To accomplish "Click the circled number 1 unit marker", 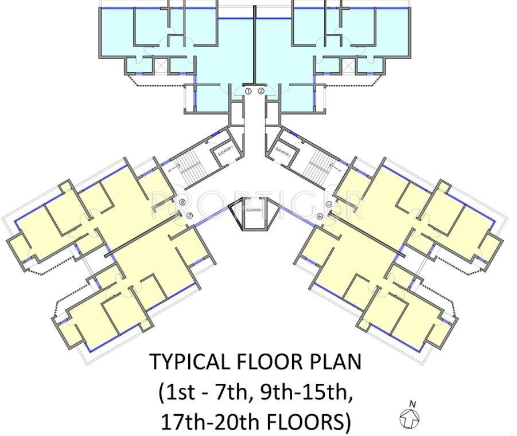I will click(x=248, y=91).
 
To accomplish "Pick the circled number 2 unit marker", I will click(x=261, y=91).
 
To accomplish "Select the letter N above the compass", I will click(x=412, y=403).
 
